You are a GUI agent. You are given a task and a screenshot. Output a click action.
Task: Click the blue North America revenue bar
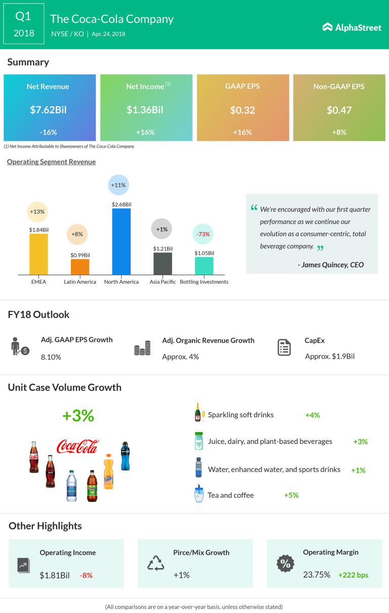pyautogui.click(x=121, y=241)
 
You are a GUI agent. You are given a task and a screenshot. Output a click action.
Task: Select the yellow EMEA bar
pyautogui.click(x=38, y=254)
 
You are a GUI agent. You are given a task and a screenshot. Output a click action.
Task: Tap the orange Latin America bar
pyautogui.click(x=80, y=267)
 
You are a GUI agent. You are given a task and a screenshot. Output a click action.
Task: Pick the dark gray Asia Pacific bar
pyautogui.click(x=163, y=264)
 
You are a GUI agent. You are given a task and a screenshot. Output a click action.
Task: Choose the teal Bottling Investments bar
pyautogui.click(x=204, y=266)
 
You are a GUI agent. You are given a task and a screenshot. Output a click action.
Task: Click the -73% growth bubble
pyautogui.click(x=204, y=234)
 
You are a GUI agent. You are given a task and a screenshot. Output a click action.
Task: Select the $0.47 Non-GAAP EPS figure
pyautogui.click(x=339, y=110)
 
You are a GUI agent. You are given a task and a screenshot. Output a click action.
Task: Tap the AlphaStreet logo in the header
pyautogui.click(x=352, y=27)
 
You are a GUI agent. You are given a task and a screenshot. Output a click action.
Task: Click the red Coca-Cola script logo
pyautogui.click(x=77, y=446)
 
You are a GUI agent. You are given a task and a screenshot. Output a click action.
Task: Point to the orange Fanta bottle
pyautogui.click(x=108, y=471)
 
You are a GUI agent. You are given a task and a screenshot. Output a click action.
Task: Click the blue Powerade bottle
pyautogui.click(x=125, y=456)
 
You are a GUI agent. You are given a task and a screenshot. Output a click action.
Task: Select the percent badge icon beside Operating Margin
pyautogui.click(x=285, y=563)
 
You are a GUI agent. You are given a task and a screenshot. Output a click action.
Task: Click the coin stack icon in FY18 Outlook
pyautogui.click(x=142, y=348)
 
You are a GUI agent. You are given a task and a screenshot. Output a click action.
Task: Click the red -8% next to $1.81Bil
pyautogui.click(x=86, y=575)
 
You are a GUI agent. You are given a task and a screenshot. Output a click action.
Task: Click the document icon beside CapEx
pyautogui.click(x=284, y=348)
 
